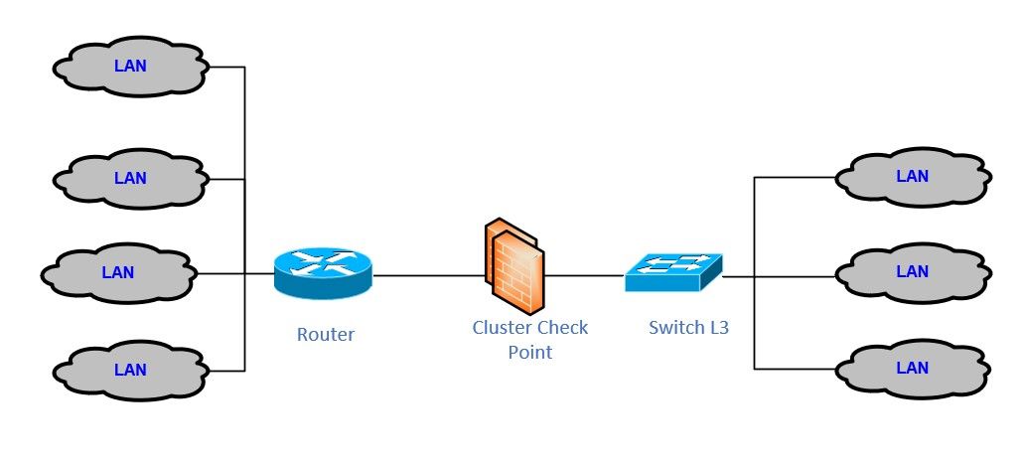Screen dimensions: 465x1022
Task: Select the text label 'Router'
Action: tap(325, 335)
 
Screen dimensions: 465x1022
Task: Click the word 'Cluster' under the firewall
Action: tap(502, 328)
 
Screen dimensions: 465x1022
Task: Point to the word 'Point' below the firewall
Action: tap(529, 352)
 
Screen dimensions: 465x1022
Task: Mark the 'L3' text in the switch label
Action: tap(718, 327)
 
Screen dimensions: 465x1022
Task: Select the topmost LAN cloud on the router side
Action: tap(130, 68)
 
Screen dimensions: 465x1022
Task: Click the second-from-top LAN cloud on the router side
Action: tap(130, 179)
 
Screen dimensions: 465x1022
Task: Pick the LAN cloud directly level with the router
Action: tap(117, 272)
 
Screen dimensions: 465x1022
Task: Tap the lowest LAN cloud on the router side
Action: tap(130, 371)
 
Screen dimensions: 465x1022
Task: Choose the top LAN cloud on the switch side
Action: tap(912, 177)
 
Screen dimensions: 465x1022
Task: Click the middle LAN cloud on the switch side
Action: tap(912, 271)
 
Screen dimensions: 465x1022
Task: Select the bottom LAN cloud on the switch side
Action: tap(912, 368)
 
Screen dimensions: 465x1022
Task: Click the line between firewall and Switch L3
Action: tap(584, 275)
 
